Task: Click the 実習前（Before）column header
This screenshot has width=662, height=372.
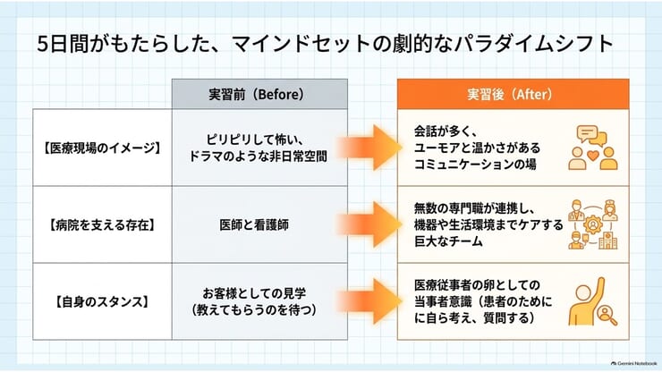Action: coord(259,94)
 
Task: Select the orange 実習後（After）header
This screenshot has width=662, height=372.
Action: coord(513,94)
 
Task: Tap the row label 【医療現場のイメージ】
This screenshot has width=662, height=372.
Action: coord(103,148)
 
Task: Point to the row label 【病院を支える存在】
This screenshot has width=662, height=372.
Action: coord(103,225)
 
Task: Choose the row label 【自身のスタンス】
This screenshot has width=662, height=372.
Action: coord(103,302)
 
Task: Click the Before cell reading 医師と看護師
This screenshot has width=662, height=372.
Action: coord(254,224)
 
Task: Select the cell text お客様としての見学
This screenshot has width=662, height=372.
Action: coord(254,293)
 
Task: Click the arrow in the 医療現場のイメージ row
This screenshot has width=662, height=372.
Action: coord(369,148)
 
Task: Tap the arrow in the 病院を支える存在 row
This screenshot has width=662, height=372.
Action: coord(369,224)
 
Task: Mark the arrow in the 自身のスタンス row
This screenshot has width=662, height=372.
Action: coord(369,301)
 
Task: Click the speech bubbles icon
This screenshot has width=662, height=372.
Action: coord(591,136)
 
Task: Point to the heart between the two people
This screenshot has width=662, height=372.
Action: coord(593,156)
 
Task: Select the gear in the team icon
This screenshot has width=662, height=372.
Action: coord(593,224)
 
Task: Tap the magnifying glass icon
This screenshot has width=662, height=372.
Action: coord(607,316)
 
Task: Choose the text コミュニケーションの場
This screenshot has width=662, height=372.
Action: coord(475,165)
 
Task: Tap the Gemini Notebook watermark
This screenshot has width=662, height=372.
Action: coord(633,363)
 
